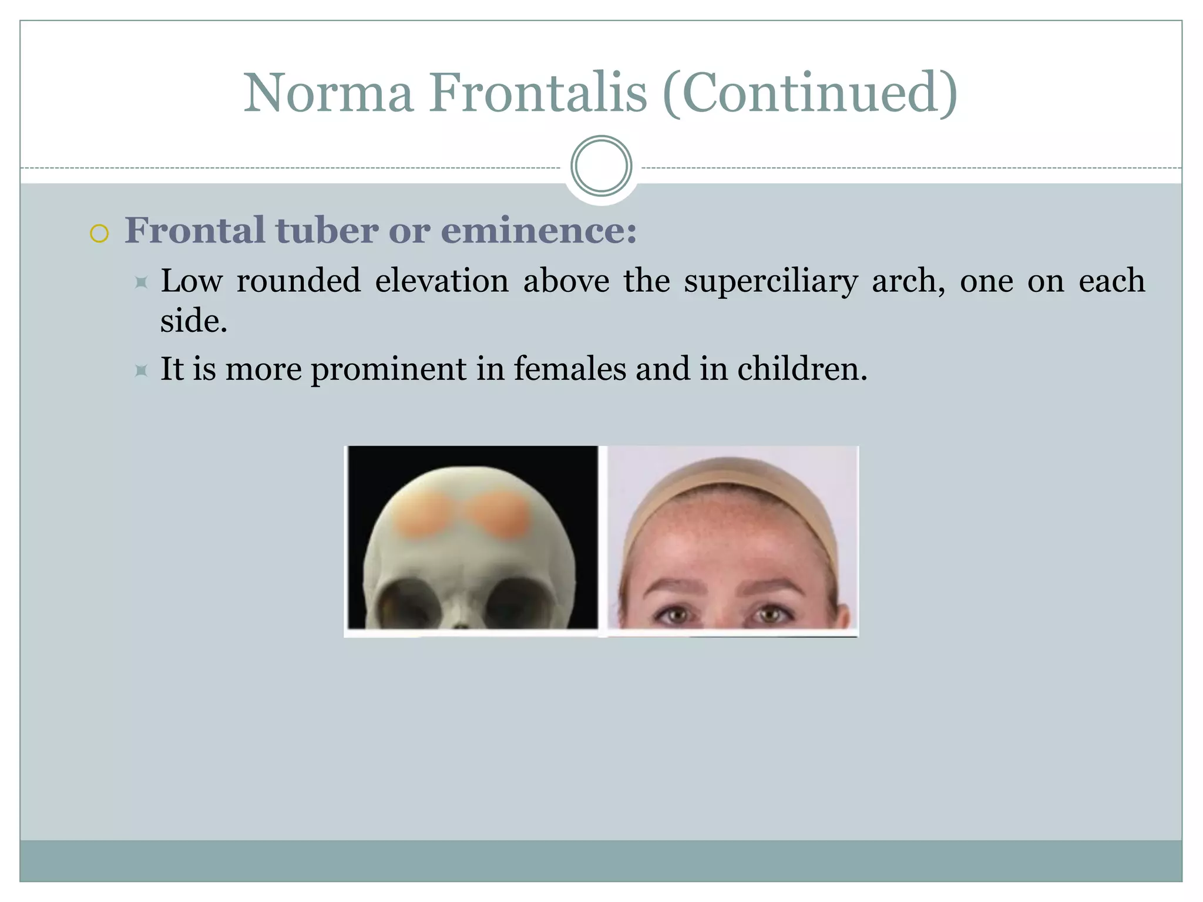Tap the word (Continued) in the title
tap(810, 94)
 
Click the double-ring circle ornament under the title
tap(601, 166)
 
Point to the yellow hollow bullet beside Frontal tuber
tap(99, 234)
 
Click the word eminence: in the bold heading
tap(539, 230)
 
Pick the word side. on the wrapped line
tap(193, 321)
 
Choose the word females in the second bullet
tap(570, 369)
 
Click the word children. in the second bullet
tap(802, 369)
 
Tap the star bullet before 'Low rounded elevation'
tap(141, 282)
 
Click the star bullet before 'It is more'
tap(141, 371)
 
